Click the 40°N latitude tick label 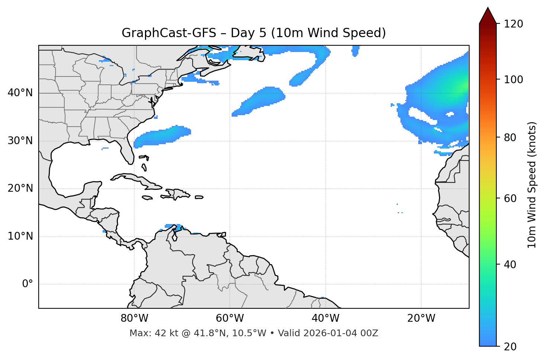[x=20, y=93]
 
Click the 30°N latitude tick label [x=20, y=141]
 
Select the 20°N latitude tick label [x=20, y=188]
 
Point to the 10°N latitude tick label [x=20, y=236]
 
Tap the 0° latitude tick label [x=28, y=284]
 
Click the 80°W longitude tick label [x=134, y=318]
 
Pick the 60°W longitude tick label [x=230, y=318]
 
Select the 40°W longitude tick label [x=325, y=318]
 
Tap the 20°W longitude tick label [x=421, y=318]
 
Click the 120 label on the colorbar [x=513, y=24]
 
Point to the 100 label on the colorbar [x=513, y=80]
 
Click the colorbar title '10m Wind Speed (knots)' [x=532, y=185]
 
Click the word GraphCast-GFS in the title [x=169, y=33]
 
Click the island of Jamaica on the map [x=147, y=198]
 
